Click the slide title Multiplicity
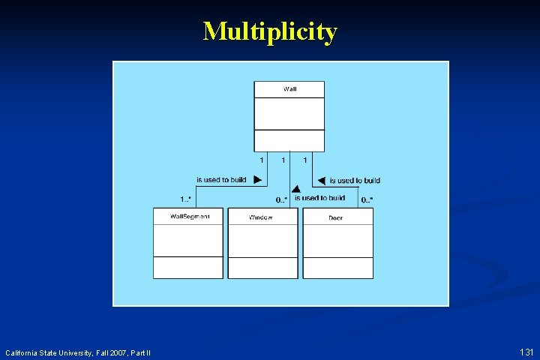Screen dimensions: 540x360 click(x=270, y=31)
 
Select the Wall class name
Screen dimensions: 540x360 click(x=289, y=89)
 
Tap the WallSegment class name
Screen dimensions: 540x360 click(x=187, y=217)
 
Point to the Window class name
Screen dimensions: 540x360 click(x=262, y=217)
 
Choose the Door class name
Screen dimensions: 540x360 click(x=336, y=217)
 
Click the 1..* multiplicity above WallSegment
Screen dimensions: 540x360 click(x=186, y=199)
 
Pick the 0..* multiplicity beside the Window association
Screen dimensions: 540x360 click(x=281, y=199)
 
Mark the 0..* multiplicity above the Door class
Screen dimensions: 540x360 click(x=367, y=199)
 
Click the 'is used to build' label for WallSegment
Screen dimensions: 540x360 click(x=221, y=180)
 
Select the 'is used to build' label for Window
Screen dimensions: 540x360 click(x=319, y=198)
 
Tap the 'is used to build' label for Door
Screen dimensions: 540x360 click(x=355, y=181)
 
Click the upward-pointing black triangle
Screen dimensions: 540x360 click(x=296, y=190)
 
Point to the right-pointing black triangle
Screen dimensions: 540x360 click(x=257, y=180)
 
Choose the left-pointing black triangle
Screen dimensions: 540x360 click(x=321, y=181)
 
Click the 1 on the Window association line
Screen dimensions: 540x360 click(x=283, y=160)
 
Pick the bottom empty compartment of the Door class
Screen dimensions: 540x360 click(x=337, y=268)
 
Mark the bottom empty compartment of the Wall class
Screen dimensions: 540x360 click(x=289, y=140)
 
